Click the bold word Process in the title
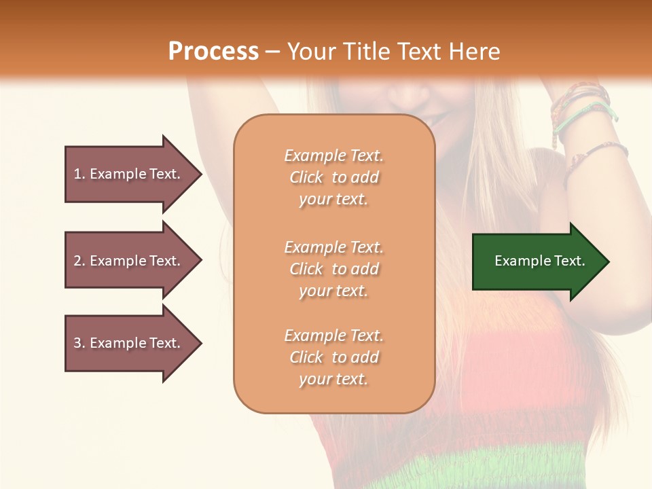pyautogui.click(x=213, y=52)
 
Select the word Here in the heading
pyautogui.click(x=474, y=52)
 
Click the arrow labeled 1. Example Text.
pyautogui.click(x=133, y=174)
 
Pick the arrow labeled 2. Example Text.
pyautogui.click(x=133, y=260)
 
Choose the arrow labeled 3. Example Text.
pyautogui.click(x=133, y=343)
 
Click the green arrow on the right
pyautogui.click(x=541, y=261)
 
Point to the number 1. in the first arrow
pyautogui.click(x=79, y=174)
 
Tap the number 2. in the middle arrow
pyautogui.click(x=79, y=261)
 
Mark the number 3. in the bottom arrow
pyautogui.click(x=79, y=343)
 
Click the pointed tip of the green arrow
pyautogui.click(x=610, y=261)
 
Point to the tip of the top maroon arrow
pyautogui.click(x=202, y=174)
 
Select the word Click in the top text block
pyautogui.click(x=306, y=177)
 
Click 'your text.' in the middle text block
pyautogui.click(x=333, y=291)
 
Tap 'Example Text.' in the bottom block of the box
pyautogui.click(x=334, y=335)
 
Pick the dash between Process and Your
pyautogui.click(x=273, y=52)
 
